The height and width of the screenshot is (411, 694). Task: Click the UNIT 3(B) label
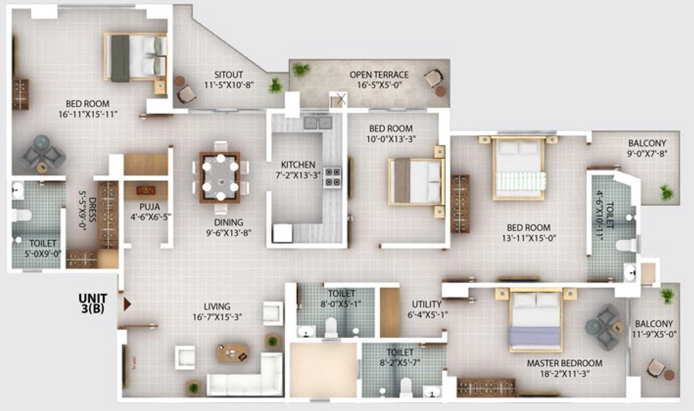coord(93,303)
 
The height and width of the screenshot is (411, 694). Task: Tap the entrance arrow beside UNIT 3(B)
coord(127,304)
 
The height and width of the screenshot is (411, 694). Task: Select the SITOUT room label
coord(228,74)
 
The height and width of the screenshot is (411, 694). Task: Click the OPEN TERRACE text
coord(379,74)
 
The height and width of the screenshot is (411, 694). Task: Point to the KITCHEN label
coord(298,165)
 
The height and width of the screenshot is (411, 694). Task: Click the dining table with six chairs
coord(220,177)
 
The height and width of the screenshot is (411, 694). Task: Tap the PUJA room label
coord(150,207)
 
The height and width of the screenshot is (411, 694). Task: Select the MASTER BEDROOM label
coord(565,363)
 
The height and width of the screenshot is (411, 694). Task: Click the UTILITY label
coord(427,305)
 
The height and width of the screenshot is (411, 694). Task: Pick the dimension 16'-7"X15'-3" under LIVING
coord(217,317)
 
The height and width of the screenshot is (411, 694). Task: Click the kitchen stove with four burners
coord(332,177)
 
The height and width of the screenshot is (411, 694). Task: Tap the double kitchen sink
coord(318,122)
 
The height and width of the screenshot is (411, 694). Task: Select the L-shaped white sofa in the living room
coord(245,375)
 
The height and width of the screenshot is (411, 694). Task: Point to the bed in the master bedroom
coord(535,319)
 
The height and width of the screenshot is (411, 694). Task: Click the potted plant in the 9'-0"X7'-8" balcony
coord(666,192)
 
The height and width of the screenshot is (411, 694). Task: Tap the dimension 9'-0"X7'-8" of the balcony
coord(647,154)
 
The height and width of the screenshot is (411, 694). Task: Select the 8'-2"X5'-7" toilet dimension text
coord(400,363)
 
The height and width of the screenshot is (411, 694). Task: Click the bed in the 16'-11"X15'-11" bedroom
coord(136,58)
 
